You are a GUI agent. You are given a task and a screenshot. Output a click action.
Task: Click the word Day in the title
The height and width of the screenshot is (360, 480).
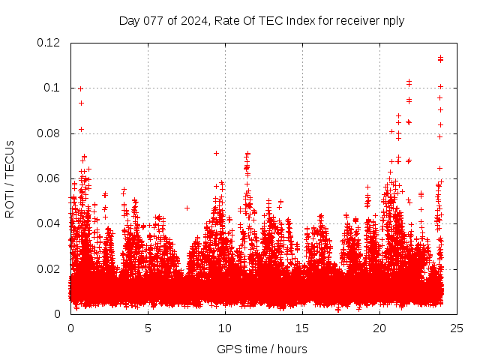[129, 20]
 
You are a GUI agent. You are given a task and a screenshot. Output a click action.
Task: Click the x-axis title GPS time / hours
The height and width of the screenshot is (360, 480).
[262, 349]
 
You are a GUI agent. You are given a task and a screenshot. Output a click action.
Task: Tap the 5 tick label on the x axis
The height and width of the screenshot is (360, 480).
[148, 328]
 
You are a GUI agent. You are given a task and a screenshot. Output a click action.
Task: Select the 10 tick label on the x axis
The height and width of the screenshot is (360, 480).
[225, 328]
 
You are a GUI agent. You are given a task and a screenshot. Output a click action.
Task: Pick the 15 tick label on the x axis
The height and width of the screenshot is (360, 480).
[302, 328]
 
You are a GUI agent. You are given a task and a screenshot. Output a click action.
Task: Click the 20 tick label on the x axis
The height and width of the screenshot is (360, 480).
[379, 328]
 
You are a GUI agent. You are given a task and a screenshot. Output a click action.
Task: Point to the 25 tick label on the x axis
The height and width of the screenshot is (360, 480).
[457, 328]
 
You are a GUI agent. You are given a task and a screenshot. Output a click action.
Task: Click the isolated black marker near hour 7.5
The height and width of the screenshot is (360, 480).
[187, 208]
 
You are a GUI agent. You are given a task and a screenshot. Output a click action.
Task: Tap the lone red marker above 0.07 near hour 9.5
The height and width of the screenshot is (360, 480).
[216, 153]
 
